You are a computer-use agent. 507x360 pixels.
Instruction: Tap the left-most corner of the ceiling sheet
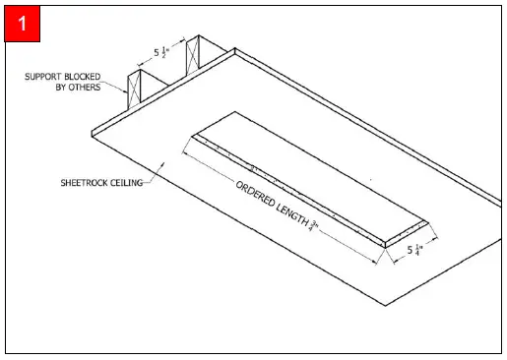point(90,131)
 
